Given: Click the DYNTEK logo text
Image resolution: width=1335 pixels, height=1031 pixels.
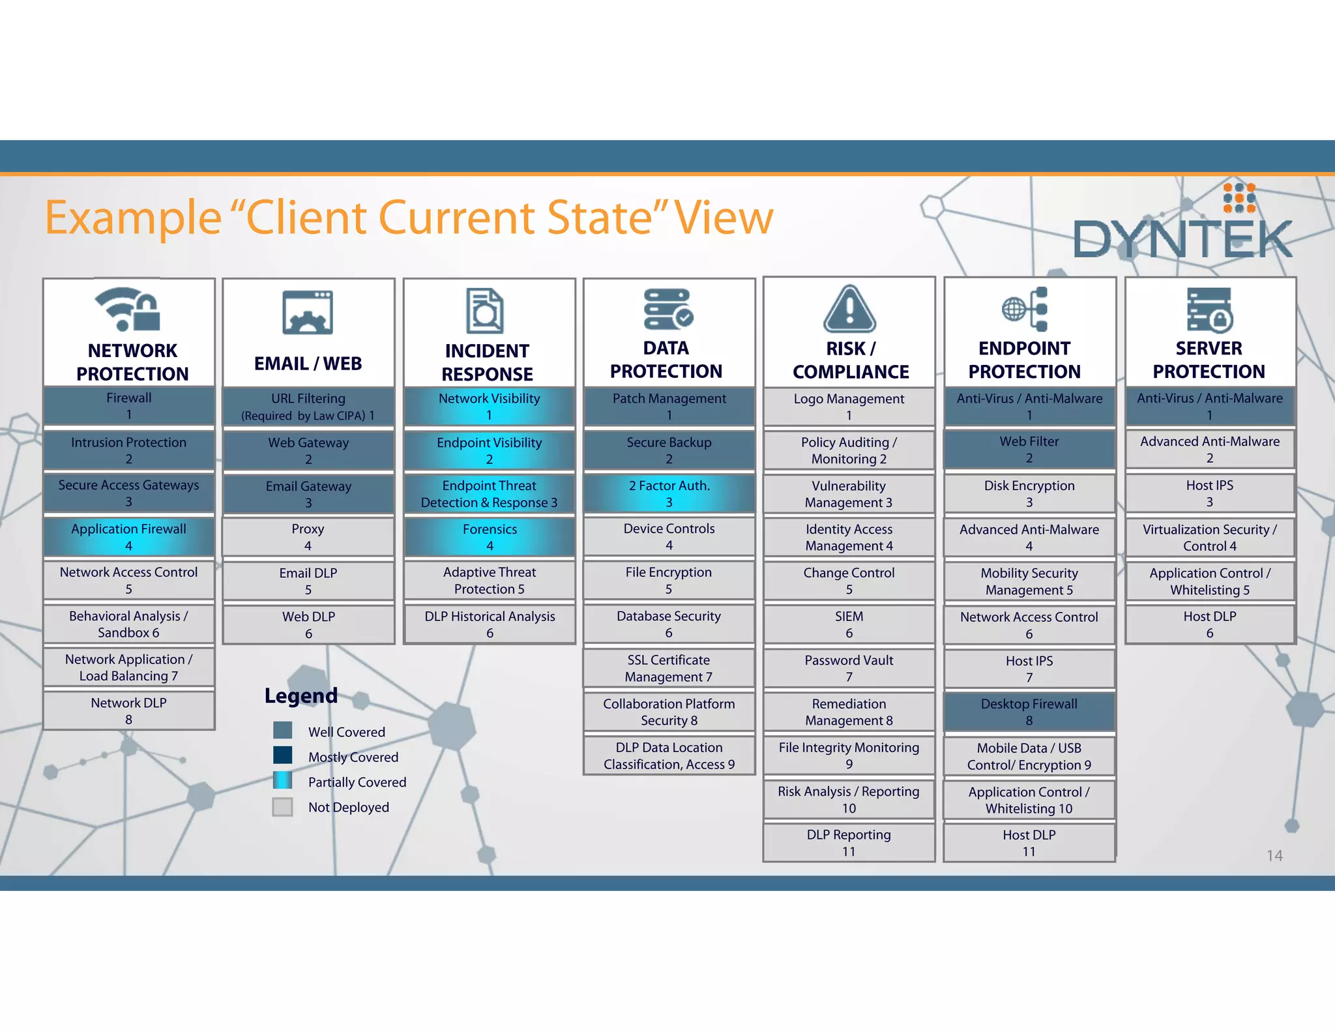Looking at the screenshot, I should pos(1181,239).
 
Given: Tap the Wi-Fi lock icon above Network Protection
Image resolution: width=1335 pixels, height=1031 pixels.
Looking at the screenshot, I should pos(128,309).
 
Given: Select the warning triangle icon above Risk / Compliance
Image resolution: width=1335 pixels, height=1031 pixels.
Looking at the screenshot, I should pos(849,309).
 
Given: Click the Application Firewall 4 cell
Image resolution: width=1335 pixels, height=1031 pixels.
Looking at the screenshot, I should pos(128,537).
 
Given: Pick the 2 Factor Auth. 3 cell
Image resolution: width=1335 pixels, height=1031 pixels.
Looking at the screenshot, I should pos(669,493).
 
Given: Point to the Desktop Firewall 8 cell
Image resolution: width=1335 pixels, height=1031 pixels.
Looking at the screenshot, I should pos(1029,712).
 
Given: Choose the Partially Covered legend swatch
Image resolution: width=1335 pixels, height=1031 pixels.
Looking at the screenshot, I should pos(282,781).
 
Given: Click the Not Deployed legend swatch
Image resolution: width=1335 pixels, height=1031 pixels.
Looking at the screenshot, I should pos(282,806).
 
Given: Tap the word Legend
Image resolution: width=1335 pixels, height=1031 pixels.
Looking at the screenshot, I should pos(301,695).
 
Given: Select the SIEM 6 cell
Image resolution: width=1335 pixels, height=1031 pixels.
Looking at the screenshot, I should pos(849,624).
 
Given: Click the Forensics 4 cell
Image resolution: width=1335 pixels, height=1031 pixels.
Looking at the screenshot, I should pos(490,537).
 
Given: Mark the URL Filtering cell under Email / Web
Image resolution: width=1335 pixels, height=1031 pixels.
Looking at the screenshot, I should pos(308,407).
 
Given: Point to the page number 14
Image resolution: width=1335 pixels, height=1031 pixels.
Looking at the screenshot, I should pos(1274,856).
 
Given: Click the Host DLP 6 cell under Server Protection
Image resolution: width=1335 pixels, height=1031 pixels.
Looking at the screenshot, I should pos(1209,624).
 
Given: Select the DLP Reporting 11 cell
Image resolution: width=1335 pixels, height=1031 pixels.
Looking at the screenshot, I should pos(849,843).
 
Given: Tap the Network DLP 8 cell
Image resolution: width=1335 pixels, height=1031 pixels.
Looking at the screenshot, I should pos(128,711).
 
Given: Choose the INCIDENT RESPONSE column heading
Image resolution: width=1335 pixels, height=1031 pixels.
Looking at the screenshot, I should pos(487,362).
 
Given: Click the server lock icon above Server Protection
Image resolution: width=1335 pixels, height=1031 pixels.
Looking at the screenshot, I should pos(1209,310).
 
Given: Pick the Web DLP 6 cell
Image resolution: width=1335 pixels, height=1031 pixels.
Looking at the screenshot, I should pos(308,624).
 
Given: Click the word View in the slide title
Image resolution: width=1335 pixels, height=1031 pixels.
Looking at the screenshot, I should pos(724,218).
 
